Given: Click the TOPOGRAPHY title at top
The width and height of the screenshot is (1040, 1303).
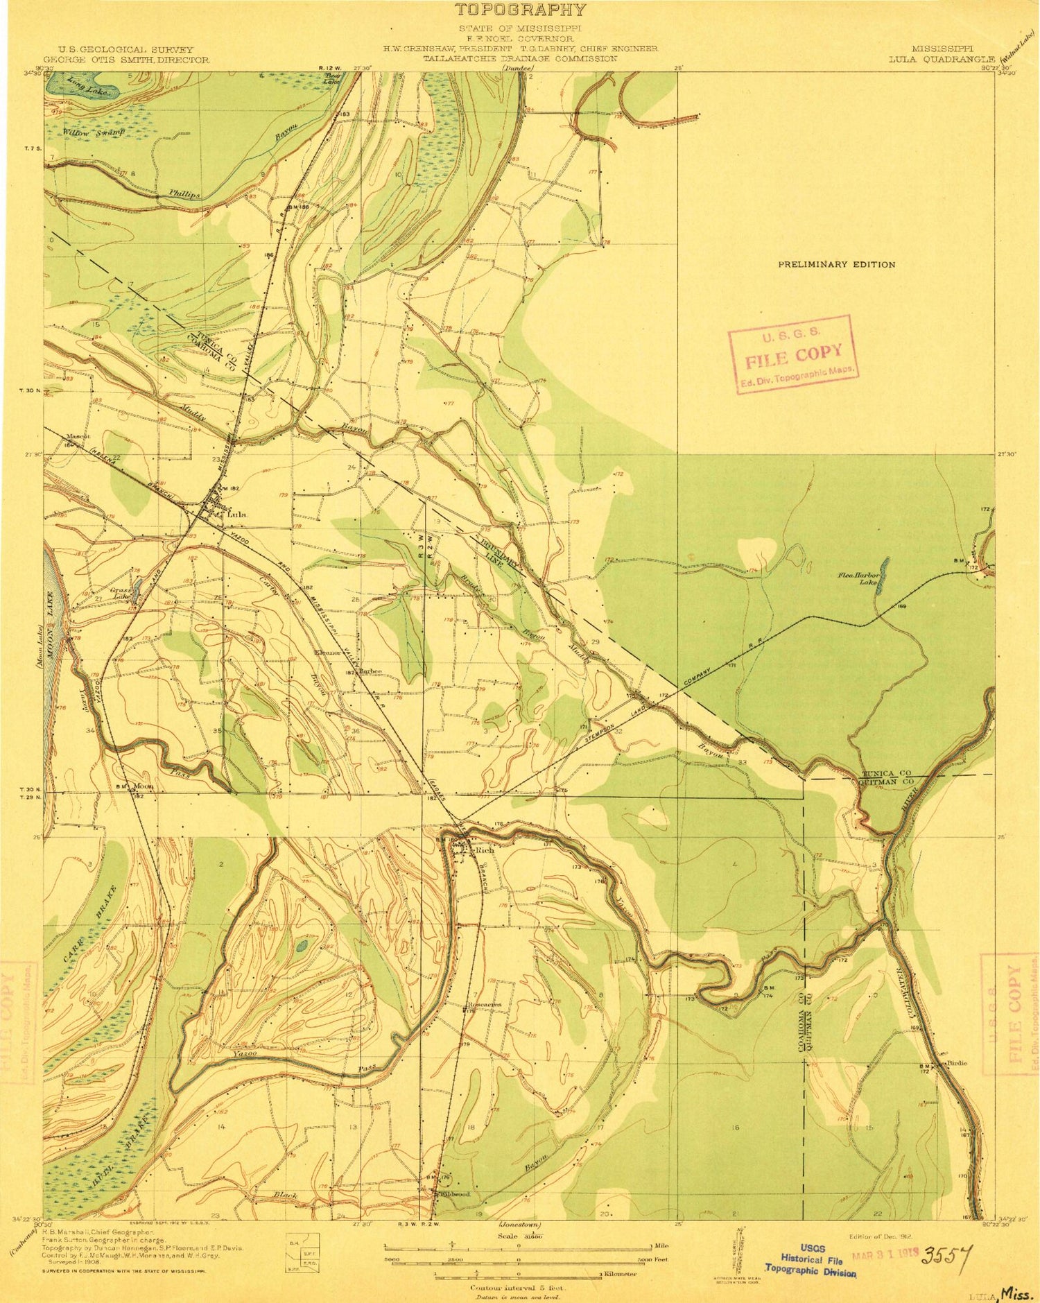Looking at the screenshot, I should click(x=519, y=10).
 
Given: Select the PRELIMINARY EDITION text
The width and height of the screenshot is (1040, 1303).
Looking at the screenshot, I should click(x=836, y=264).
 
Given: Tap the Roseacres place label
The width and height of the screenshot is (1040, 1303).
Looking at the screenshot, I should click(x=485, y=1004).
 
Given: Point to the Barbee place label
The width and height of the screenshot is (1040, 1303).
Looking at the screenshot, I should click(x=371, y=671).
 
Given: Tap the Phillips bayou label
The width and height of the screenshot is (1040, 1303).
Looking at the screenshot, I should click(x=184, y=195).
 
